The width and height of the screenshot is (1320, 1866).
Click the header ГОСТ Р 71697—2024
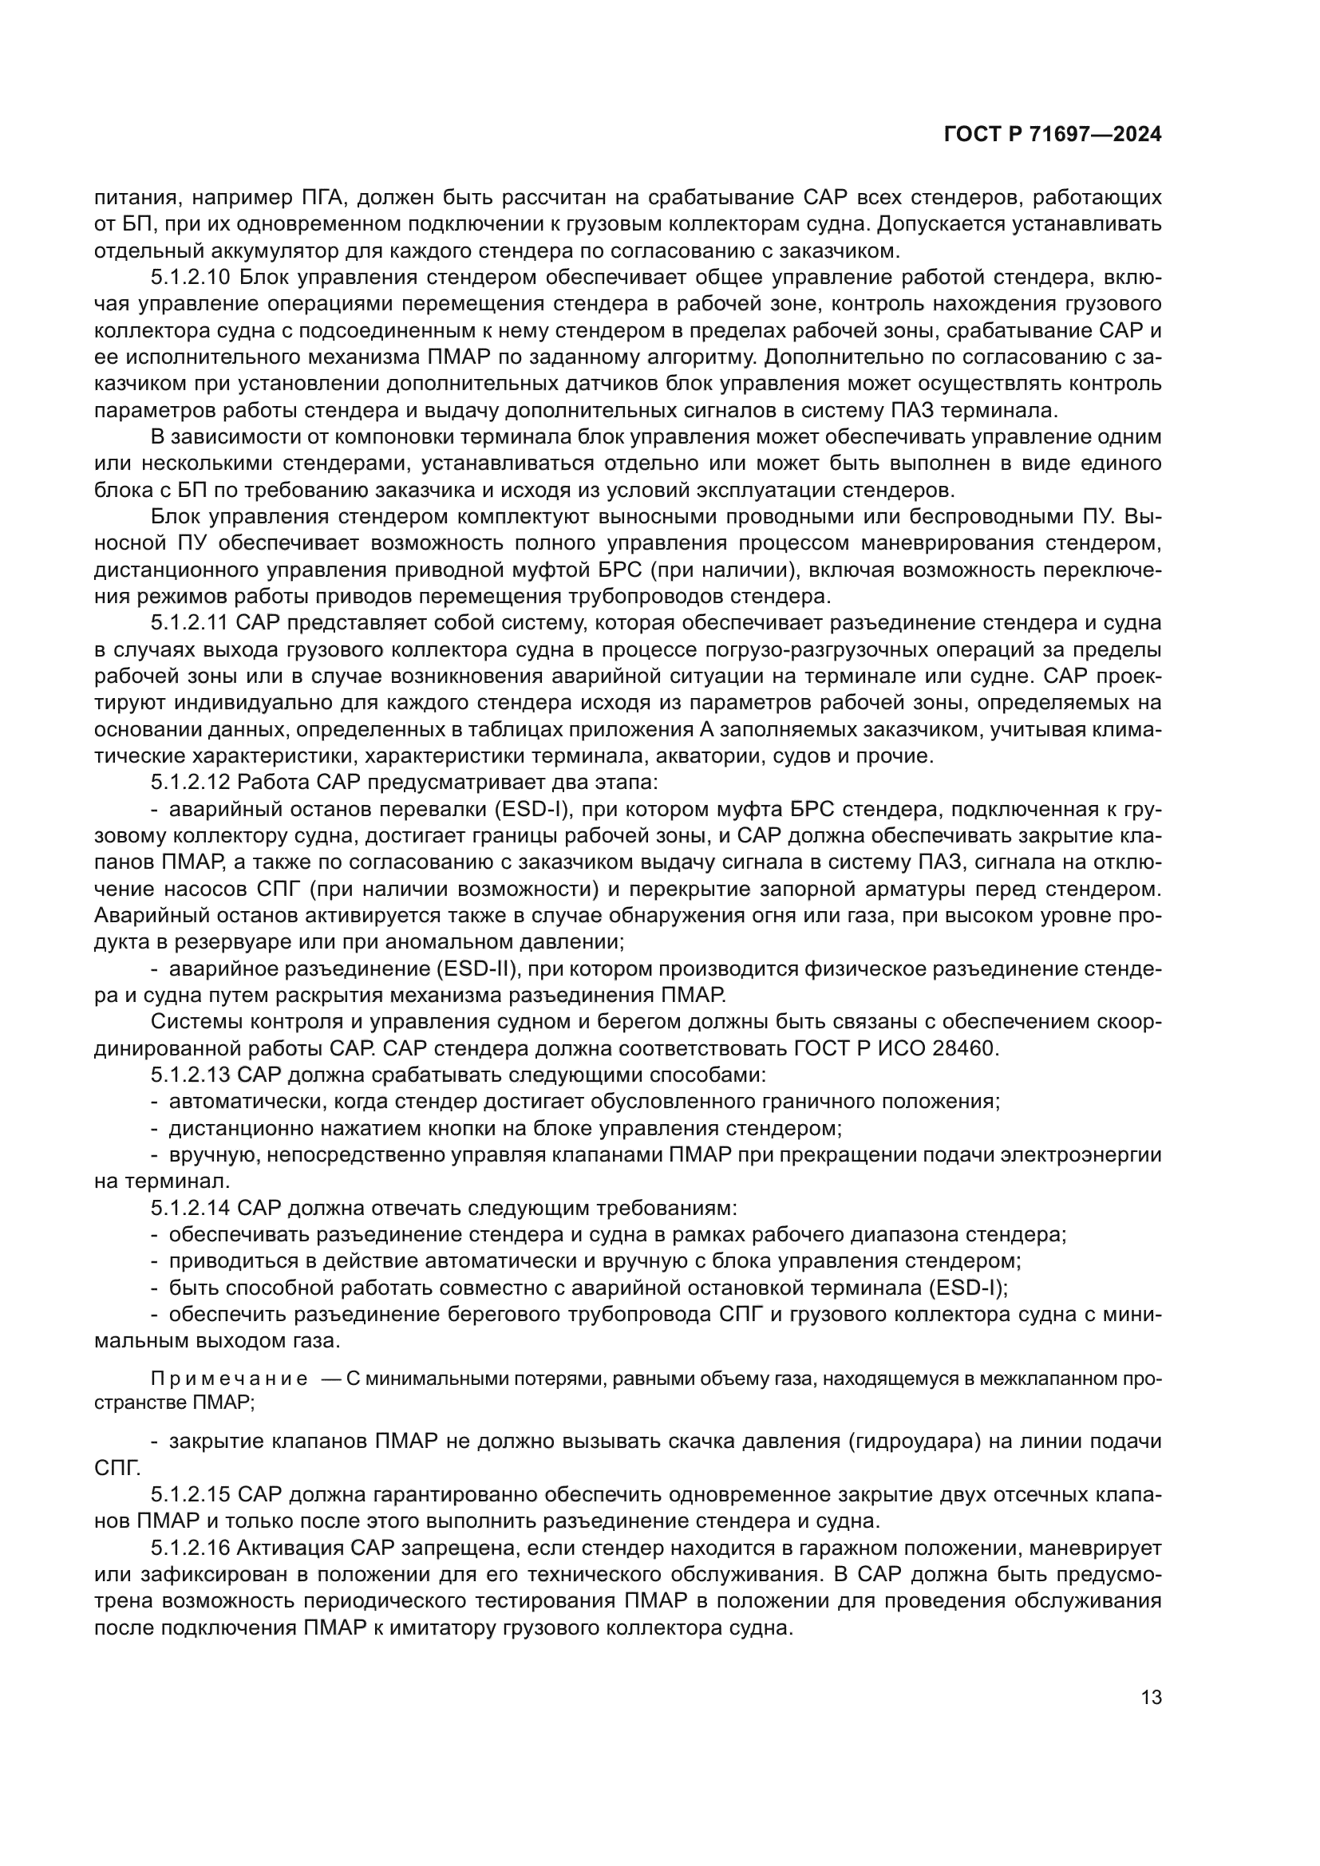coord(1052,135)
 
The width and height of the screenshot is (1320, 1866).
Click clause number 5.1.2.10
coord(191,278)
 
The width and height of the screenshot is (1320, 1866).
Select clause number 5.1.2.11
coord(191,623)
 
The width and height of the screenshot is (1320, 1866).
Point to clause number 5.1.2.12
coord(191,783)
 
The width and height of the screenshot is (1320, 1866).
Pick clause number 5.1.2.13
coord(191,1075)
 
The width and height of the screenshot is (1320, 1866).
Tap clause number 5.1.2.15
coord(191,1495)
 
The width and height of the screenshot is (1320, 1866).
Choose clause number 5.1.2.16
coord(191,1548)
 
